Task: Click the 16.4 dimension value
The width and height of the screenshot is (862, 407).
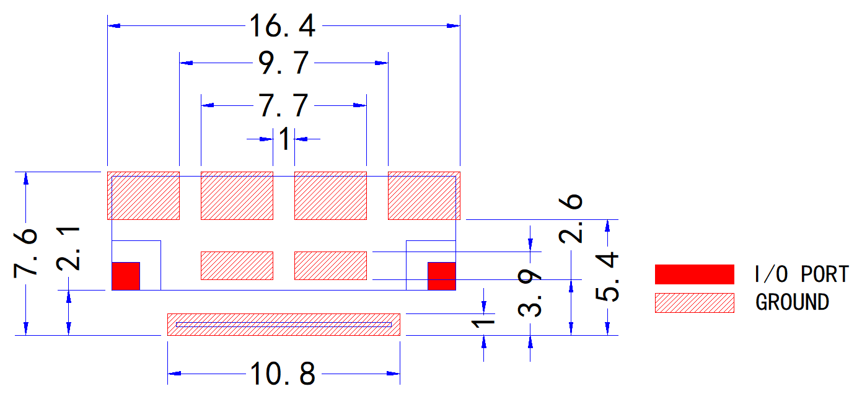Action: pyautogui.click(x=283, y=26)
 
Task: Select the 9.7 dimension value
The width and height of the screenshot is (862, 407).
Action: pyautogui.click(x=283, y=63)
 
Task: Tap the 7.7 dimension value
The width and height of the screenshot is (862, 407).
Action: pyautogui.click(x=283, y=105)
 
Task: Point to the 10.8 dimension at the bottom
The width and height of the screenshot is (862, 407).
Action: pyautogui.click(x=283, y=374)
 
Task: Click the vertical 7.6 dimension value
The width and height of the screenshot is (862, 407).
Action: pyautogui.click(x=25, y=253)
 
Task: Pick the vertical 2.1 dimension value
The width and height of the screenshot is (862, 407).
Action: pyautogui.click(x=68, y=249)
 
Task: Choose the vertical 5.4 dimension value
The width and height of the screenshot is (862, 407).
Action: pyautogui.click(x=607, y=277)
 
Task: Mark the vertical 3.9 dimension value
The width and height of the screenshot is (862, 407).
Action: pyautogui.click(x=529, y=292)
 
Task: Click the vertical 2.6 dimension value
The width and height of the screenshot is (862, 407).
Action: pyautogui.click(x=571, y=219)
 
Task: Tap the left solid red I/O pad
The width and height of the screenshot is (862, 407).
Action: pyautogui.click(x=126, y=276)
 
